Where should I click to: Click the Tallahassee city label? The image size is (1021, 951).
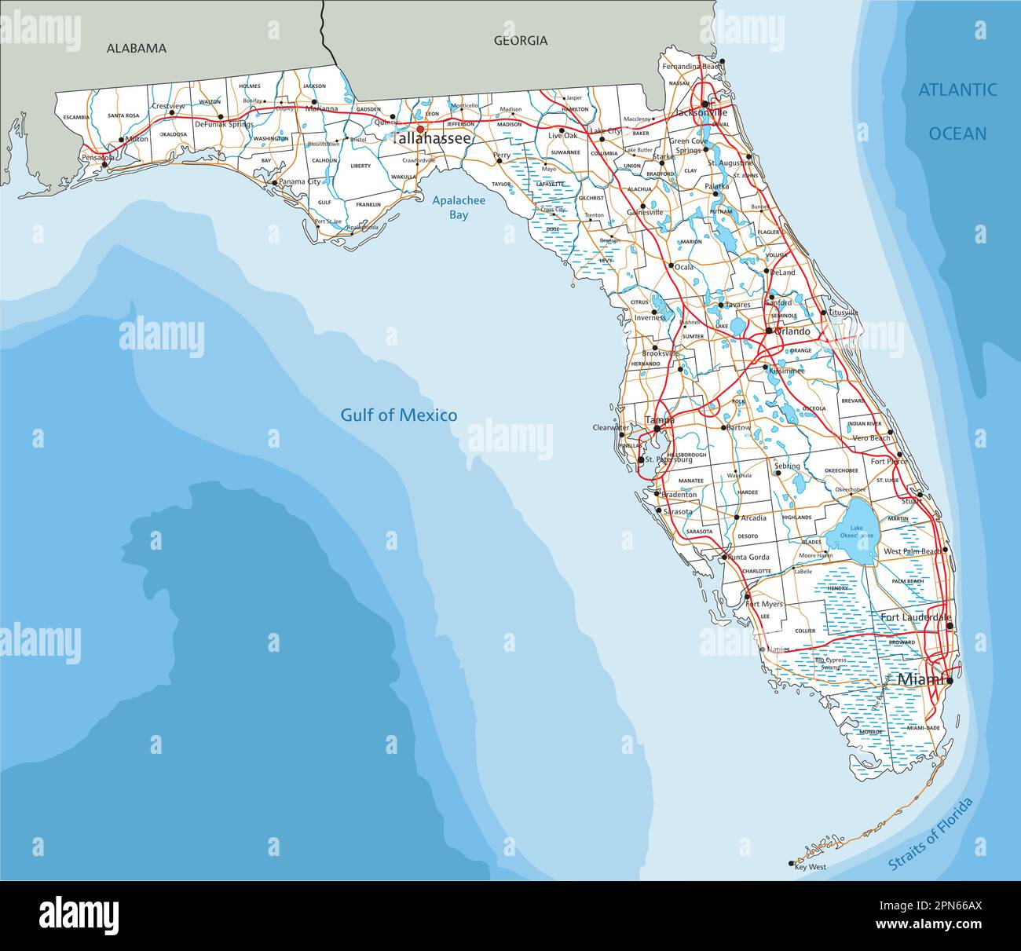point(433,138)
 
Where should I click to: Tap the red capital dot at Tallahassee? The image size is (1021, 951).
point(420,130)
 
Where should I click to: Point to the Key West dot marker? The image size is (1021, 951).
point(791,863)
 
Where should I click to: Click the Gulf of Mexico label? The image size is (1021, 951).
point(398,415)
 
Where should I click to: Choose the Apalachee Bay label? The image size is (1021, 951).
point(459,207)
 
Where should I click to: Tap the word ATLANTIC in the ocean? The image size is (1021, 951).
point(957,90)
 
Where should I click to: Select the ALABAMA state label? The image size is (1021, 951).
point(137,48)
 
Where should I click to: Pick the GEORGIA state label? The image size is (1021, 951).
point(520,41)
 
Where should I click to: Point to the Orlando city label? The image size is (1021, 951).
point(792,331)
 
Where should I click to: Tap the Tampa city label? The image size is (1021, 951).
point(660,421)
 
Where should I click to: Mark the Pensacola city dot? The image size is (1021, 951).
point(104,166)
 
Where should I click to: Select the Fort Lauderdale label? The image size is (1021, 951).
point(915,617)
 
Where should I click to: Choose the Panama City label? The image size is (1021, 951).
point(302,182)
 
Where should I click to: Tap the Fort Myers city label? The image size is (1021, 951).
point(764,604)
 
